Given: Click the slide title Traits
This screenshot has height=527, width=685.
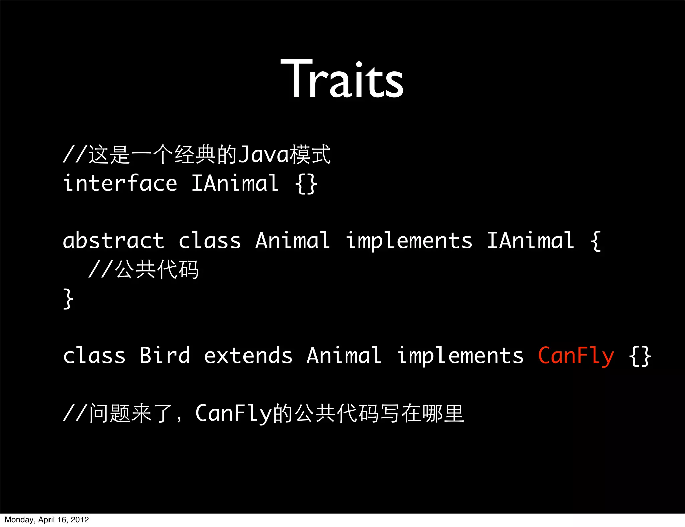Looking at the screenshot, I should point(342,79).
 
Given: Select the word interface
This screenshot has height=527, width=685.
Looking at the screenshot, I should point(120,184).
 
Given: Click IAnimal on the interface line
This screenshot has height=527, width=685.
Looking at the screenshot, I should point(235,184).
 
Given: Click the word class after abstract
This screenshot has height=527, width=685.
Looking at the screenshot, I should point(210,241).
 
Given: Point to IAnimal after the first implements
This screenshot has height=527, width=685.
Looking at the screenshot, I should point(530,241).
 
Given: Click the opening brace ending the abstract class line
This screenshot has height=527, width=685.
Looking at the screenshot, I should point(596,241).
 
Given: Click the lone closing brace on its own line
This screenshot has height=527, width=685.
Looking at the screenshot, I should point(68,299).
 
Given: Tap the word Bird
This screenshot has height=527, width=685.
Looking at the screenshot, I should point(165,356).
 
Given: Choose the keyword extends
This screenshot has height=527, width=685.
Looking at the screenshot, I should point(248,356).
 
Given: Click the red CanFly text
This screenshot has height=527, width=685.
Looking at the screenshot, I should point(576,356).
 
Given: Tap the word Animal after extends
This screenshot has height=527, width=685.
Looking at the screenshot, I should point(344,356).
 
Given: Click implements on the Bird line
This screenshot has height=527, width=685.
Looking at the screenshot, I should point(460,356).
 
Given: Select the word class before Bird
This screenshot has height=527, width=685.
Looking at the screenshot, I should point(94,356).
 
